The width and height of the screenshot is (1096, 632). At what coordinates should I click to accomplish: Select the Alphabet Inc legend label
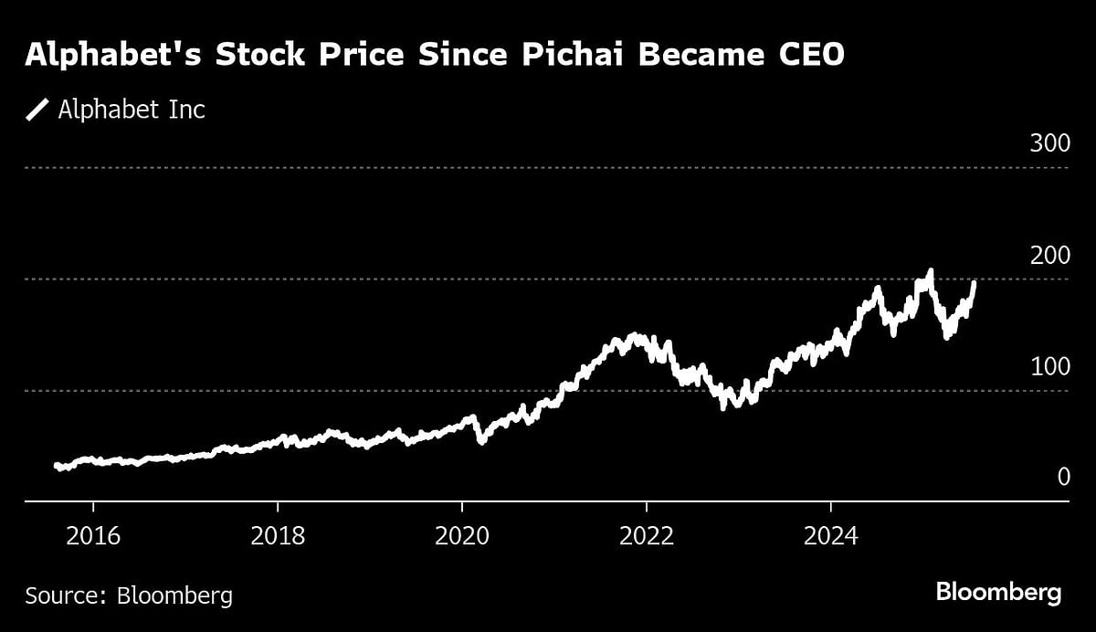[132, 111]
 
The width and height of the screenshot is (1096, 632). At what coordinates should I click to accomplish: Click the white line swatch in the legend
[37, 111]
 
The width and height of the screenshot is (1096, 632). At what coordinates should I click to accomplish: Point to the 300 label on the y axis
[1049, 143]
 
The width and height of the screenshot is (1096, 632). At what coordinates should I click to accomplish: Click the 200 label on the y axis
[1049, 255]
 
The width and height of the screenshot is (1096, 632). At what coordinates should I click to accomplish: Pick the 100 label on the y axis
[1049, 366]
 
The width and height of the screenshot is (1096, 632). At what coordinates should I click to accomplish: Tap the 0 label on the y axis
[1063, 477]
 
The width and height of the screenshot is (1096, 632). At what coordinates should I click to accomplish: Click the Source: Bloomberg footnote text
[129, 596]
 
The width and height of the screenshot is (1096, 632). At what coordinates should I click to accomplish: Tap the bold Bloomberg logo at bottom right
[998, 593]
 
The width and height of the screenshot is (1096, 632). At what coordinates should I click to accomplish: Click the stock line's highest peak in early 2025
[931, 270]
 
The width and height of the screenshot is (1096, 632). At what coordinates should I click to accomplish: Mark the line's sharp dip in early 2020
[480, 441]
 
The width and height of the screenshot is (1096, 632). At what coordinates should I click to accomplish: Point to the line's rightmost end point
[975, 283]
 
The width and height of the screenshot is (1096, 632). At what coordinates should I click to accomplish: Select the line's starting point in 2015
[57, 466]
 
